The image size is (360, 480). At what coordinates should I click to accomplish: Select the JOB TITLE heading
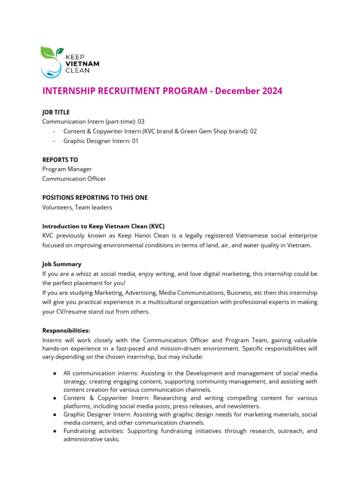coord(56,112)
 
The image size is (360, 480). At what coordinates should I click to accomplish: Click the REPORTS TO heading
coord(60,160)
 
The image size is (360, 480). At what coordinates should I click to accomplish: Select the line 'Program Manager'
coord(67,169)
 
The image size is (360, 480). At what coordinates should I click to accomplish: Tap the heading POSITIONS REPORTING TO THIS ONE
coord(95,198)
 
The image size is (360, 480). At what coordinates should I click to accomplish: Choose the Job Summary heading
coord(61,264)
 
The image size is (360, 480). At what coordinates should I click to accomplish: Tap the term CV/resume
coord(73,312)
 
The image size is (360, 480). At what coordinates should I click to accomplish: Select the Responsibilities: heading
coord(66,330)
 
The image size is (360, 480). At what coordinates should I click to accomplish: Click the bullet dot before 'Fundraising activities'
coord(55,431)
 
